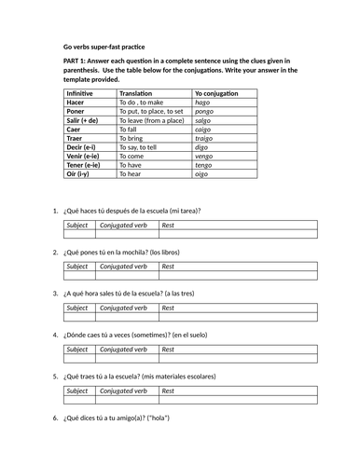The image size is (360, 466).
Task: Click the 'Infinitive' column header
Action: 84,93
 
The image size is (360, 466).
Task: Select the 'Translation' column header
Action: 141,93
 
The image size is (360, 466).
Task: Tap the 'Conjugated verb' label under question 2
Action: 124,266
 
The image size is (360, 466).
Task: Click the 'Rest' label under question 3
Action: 168,308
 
